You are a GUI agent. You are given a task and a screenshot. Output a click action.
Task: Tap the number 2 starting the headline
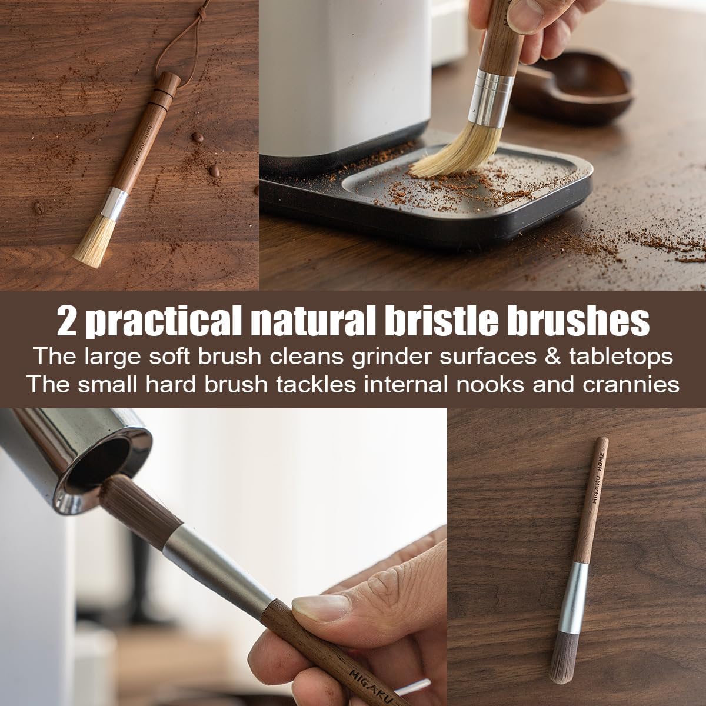click(x=66, y=321)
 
